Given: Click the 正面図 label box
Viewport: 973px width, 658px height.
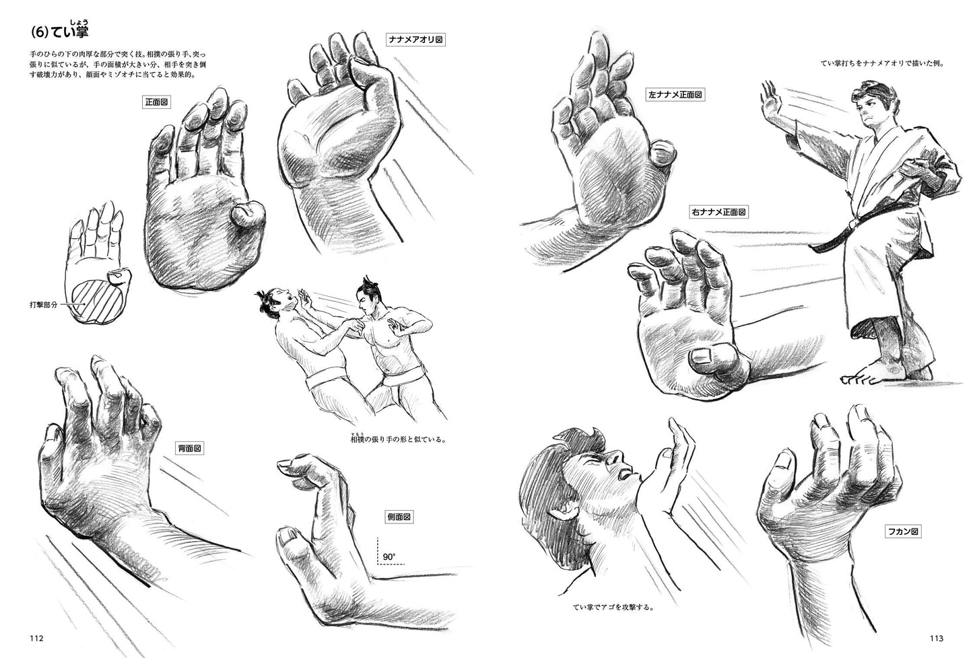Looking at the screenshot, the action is click(156, 102).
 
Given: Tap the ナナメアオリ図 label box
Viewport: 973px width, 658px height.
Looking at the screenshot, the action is click(415, 40).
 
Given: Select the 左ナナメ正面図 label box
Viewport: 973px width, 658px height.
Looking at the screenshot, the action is click(675, 95).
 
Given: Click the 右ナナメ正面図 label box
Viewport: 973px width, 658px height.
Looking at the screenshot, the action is click(718, 212).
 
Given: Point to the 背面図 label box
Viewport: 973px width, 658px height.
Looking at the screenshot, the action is click(189, 448).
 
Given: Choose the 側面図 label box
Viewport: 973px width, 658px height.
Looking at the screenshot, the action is click(399, 517).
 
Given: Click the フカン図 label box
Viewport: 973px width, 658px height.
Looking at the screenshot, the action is click(903, 532).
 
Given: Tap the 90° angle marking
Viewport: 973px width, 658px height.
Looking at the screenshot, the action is click(389, 556).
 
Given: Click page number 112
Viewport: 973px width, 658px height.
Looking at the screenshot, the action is click(36, 638).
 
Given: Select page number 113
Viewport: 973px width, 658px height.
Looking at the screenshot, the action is click(937, 638).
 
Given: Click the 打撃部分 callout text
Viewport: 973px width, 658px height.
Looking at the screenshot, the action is click(44, 305).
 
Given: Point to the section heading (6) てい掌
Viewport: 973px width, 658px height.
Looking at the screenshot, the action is click(60, 30).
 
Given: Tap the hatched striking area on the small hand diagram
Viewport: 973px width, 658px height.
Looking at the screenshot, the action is click(96, 300).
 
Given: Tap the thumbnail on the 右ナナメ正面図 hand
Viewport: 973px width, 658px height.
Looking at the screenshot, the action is click(703, 357).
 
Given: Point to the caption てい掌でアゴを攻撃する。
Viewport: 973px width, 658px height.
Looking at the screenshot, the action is click(613, 608).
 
